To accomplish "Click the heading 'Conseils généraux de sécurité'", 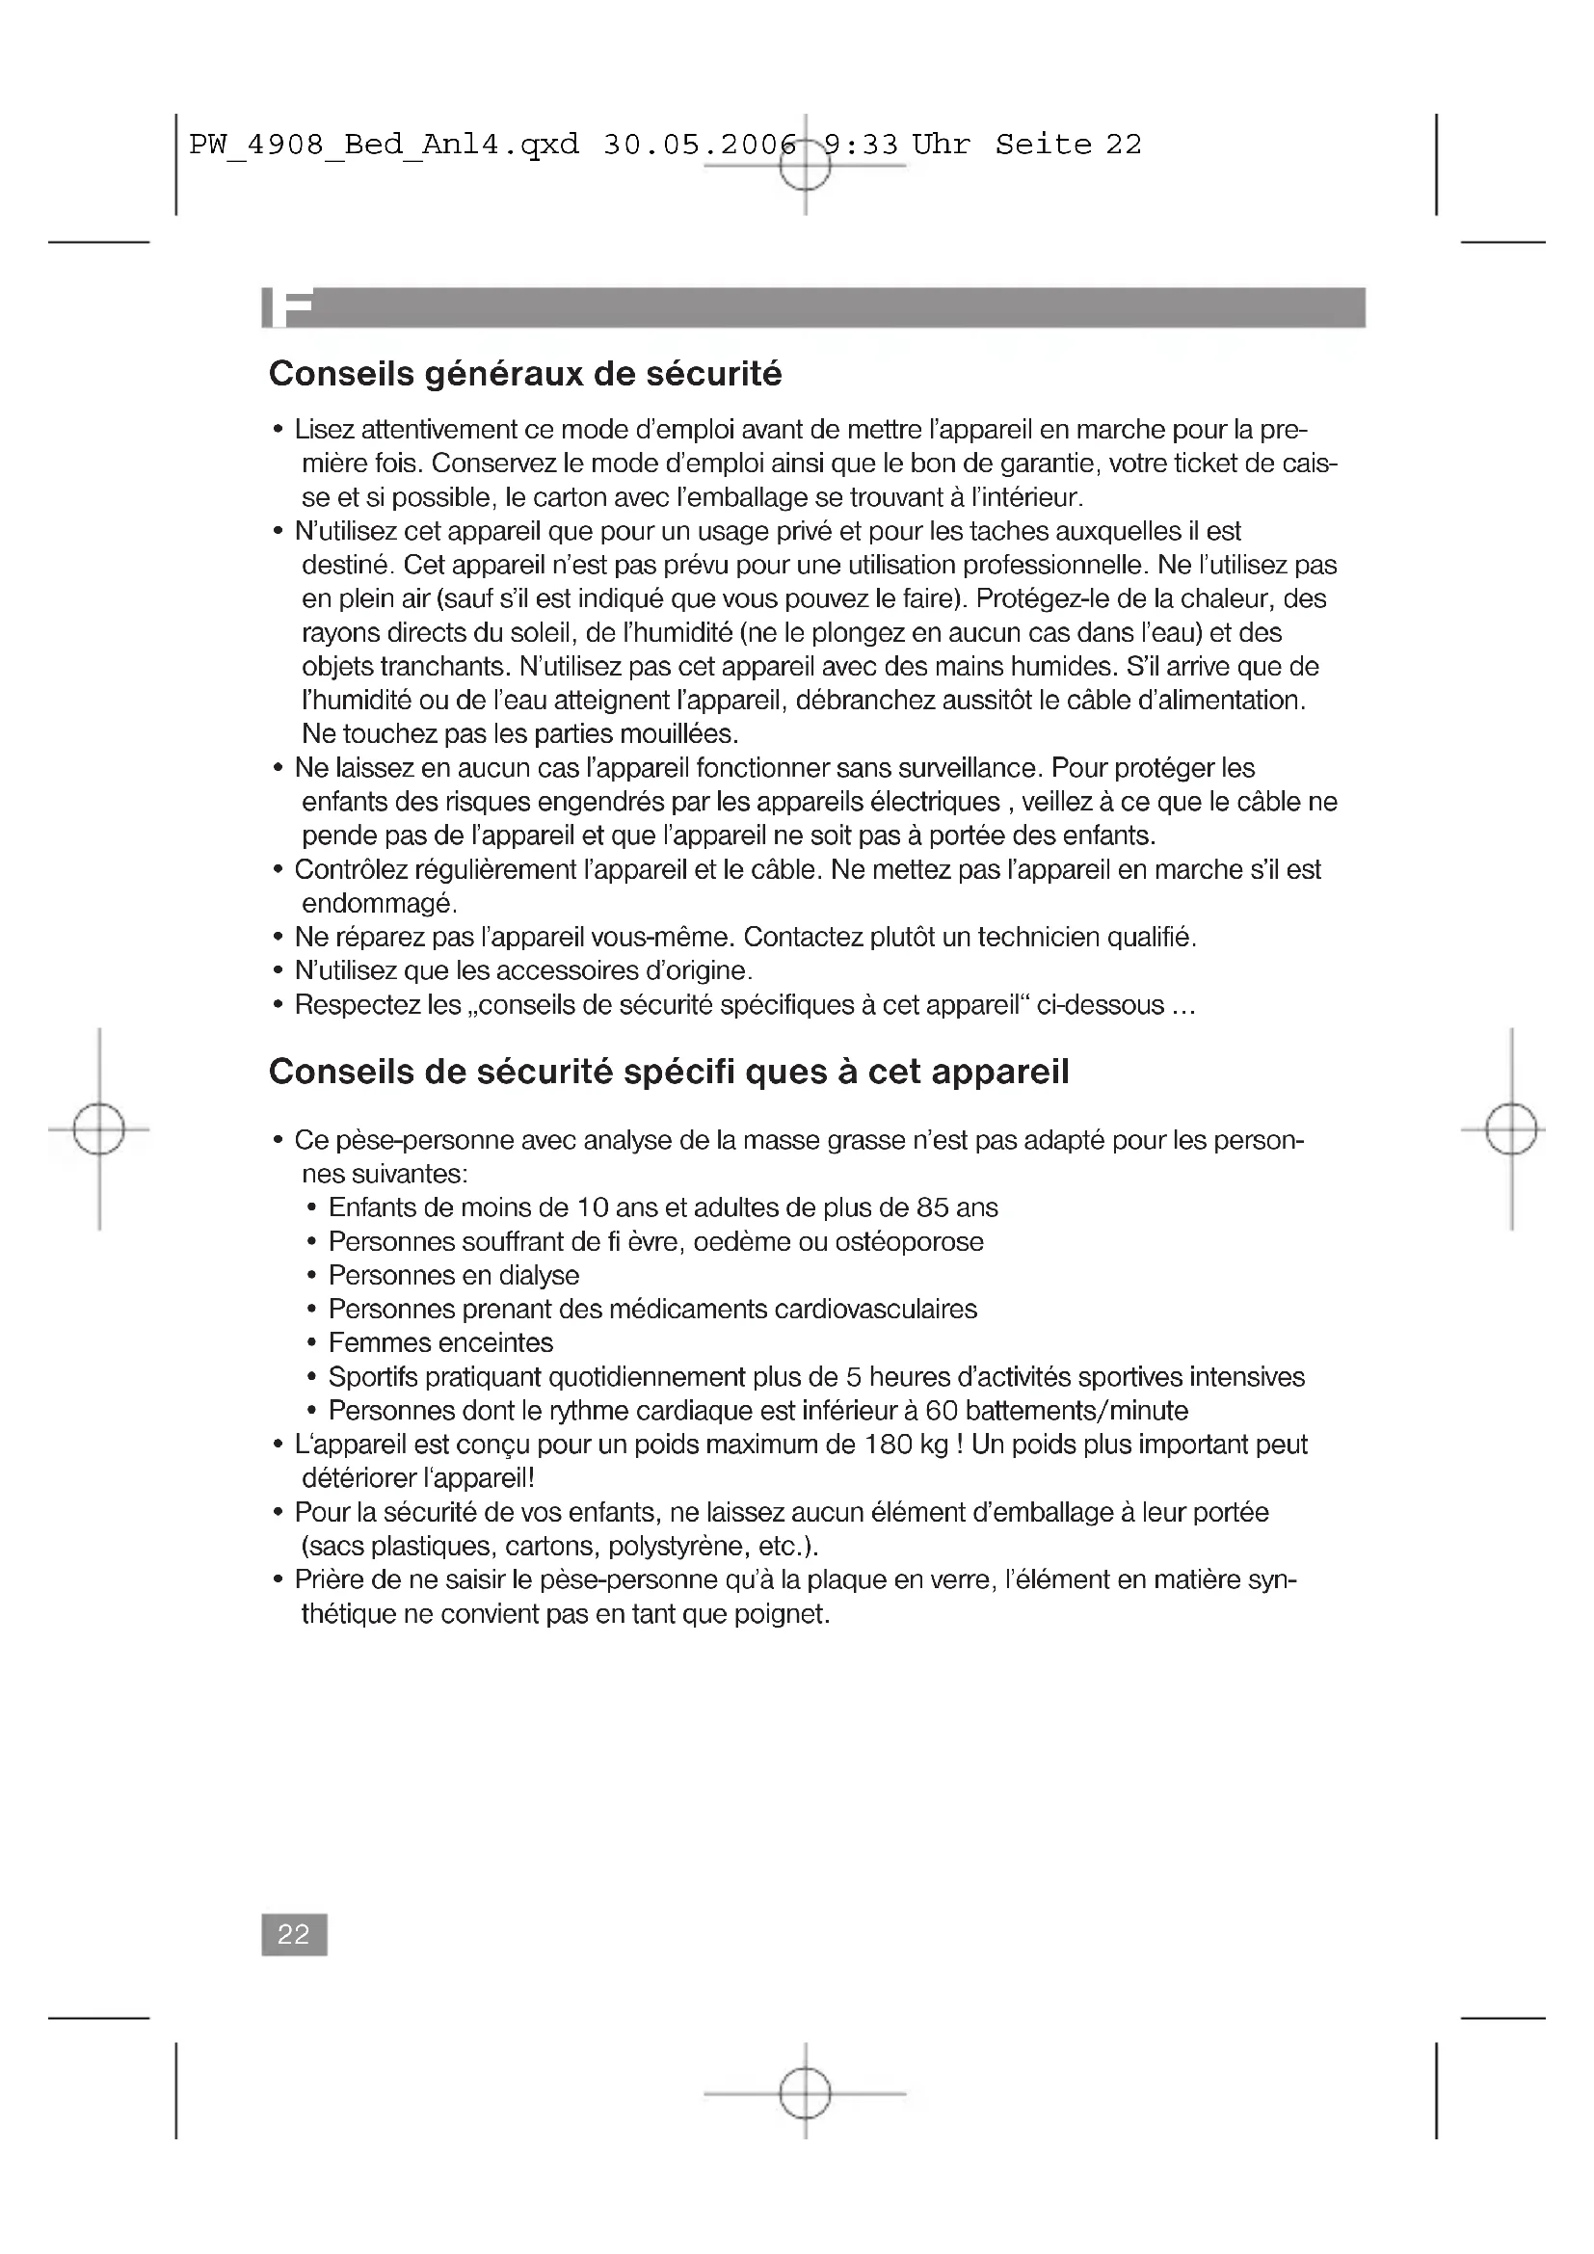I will (525, 374).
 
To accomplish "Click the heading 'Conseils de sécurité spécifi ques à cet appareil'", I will (669, 1071).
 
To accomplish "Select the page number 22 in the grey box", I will (294, 1934).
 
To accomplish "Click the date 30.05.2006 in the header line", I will (699, 145).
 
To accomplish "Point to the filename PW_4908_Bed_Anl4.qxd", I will (384, 146).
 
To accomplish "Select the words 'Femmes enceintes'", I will (440, 1342).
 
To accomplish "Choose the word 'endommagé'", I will (378, 903).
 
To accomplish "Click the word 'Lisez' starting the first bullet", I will (324, 430).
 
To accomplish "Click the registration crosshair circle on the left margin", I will (99, 1129).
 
